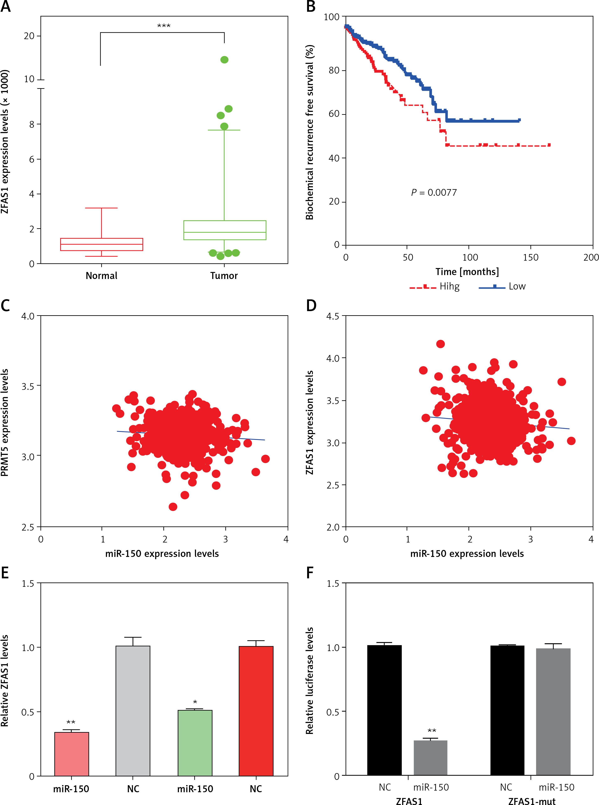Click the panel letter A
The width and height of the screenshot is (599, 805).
click(x=6, y=7)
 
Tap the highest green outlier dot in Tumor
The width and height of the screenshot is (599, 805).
click(x=224, y=60)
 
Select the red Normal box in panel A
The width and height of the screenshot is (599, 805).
click(x=102, y=244)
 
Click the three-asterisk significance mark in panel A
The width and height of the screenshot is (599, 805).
click(x=163, y=26)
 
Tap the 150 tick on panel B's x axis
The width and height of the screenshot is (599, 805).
click(x=531, y=257)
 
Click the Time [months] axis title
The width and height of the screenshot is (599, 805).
click(x=467, y=272)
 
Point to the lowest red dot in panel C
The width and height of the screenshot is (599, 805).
click(x=173, y=507)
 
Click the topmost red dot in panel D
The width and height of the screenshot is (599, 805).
click(x=440, y=344)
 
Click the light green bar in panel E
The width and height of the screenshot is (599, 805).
click(x=195, y=743)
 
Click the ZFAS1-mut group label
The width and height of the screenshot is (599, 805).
click(x=532, y=801)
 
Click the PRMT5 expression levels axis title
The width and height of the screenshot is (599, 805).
click(x=5, y=422)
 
